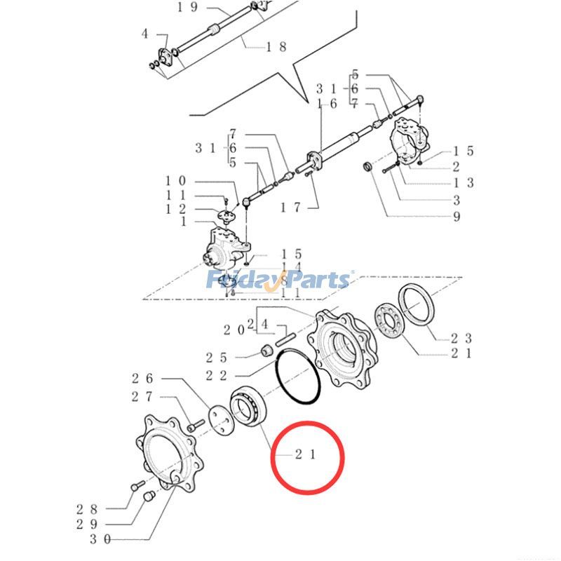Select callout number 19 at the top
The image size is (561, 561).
(x=168, y=8)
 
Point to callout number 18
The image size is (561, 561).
(x=276, y=46)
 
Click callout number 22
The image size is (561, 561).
(x=216, y=375)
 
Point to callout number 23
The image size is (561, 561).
(x=461, y=337)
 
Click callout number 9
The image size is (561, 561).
(x=457, y=217)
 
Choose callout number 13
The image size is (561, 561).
(x=463, y=182)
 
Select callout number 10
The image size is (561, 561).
(x=176, y=181)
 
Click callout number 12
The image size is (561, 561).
(x=176, y=209)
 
